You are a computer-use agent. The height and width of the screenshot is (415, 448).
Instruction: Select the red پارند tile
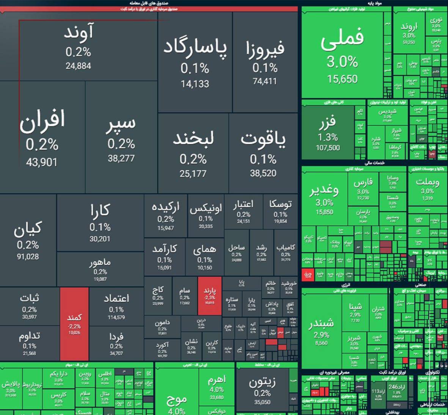(210, 296)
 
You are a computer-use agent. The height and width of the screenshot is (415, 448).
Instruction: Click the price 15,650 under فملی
(342, 79)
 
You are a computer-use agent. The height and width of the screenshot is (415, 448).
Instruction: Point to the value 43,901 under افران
(42, 163)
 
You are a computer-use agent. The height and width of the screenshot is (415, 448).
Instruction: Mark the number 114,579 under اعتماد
(116, 318)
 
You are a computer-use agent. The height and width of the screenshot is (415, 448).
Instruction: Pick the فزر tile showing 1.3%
(328, 133)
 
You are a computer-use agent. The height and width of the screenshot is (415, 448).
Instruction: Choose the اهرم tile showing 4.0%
(217, 387)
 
